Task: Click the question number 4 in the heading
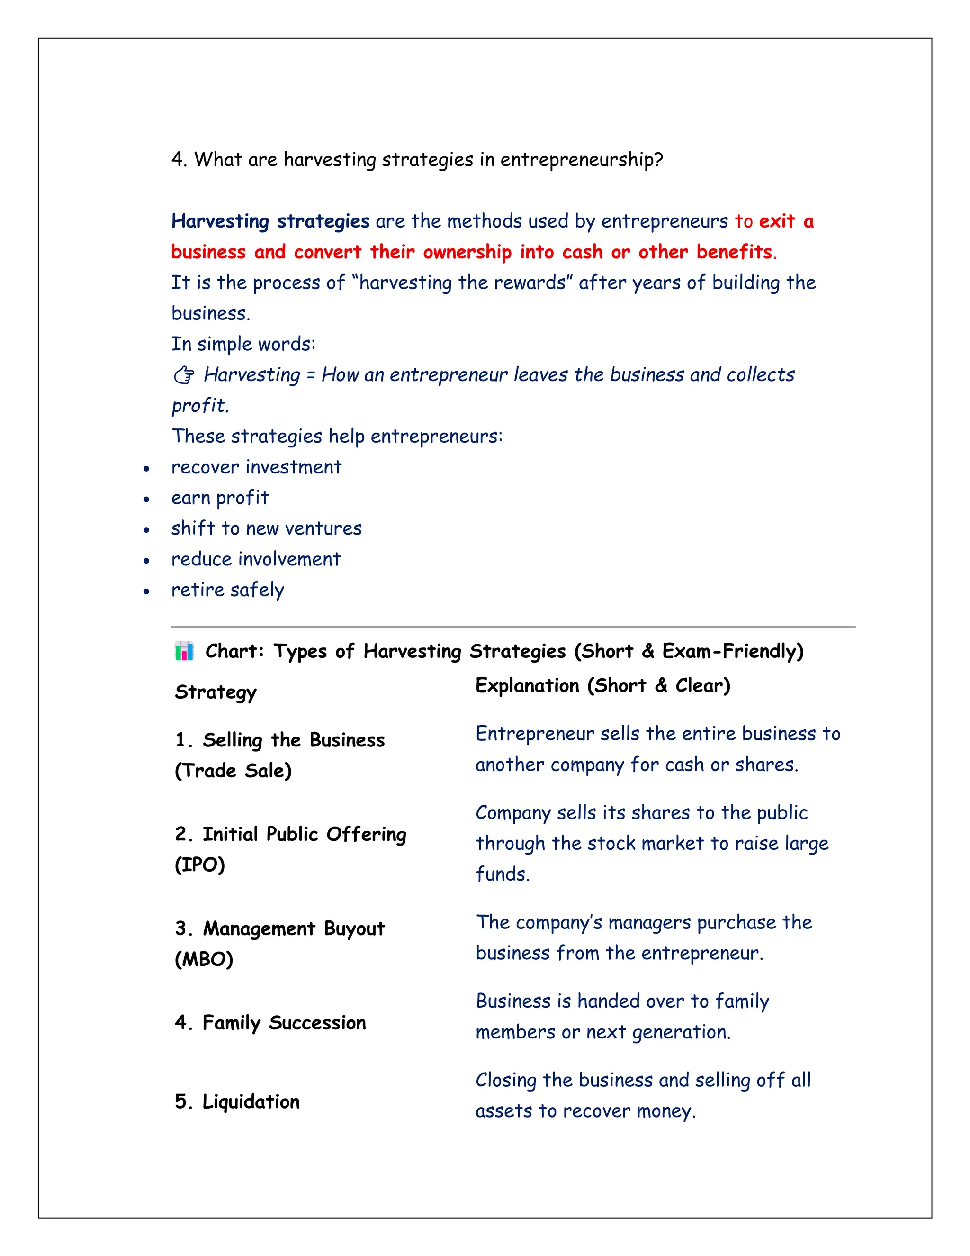point(178,159)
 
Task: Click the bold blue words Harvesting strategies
point(270,221)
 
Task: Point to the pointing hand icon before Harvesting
point(184,375)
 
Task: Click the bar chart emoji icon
point(184,651)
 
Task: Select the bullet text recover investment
point(256,467)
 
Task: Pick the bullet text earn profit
point(219,498)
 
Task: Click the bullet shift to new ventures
point(266,528)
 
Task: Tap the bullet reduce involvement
point(256,559)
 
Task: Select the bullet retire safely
point(227,590)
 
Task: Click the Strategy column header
point(216,692)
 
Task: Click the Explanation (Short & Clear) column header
point(602,685)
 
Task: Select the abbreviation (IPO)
point(199,865)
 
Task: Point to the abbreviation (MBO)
point(204,959)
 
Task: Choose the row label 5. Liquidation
point(237,1101)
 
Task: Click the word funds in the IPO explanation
point(502,874)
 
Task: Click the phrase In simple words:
point(243,344)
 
